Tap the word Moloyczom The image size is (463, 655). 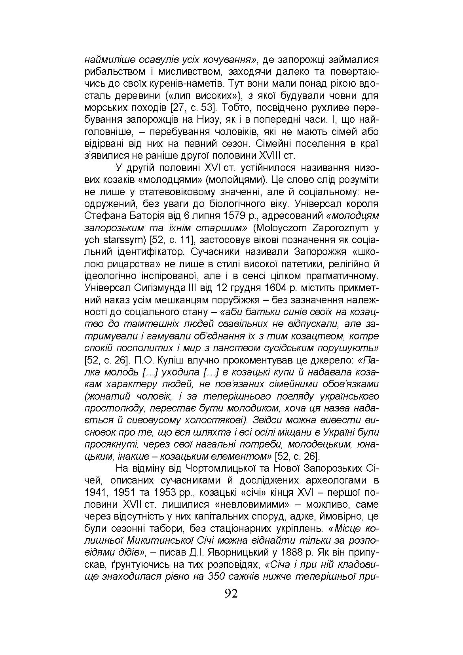pyautogui.click(x=280, y=228)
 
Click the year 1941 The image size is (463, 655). pyautogui.click(x=95, y=492)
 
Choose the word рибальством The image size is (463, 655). pyautogui.click(x=110, y=72)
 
